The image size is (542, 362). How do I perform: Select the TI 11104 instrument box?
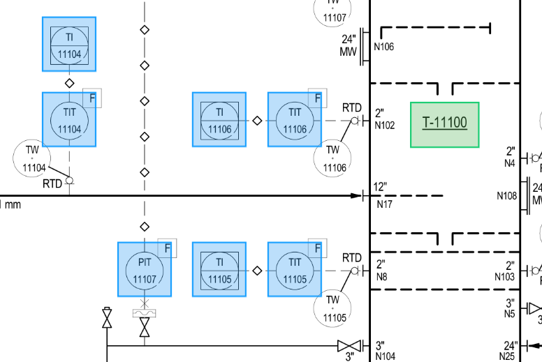pos(69,44)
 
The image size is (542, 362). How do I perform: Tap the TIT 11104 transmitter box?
pos(69,119)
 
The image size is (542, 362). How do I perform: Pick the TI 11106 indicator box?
pos(219,119)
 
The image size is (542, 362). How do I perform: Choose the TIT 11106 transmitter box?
pos(295,119)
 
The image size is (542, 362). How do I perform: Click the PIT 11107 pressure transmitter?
pos(145,269)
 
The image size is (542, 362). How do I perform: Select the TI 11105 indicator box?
pos(219,269)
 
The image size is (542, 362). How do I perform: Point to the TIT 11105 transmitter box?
pos(295,269)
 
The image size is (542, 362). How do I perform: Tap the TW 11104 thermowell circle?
pos(34,158)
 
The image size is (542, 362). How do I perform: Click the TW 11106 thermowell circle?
pos(332,158)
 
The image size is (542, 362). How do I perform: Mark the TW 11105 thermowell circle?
pos(332,308)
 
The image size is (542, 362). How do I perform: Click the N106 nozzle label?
pos(384,47)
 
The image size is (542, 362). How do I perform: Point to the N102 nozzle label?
pos(385,126)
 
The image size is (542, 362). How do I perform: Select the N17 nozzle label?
pos(384,205)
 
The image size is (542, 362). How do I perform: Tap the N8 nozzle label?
pos(381,277)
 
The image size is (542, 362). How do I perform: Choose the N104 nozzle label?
pos(385,356)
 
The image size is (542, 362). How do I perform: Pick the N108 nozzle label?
pos(507,196)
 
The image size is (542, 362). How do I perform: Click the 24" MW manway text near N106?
pos(349,45)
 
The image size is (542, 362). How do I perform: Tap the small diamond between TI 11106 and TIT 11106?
pos(257,120)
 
